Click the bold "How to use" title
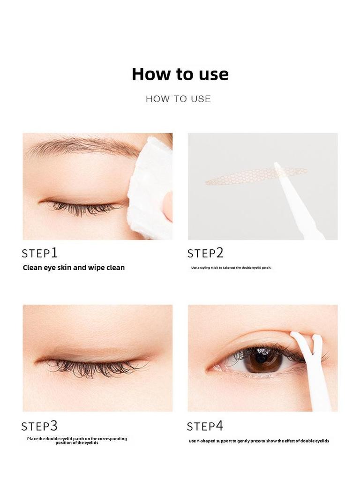180,74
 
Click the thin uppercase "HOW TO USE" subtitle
178,99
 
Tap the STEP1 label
40,253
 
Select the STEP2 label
205,253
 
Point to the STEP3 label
39,426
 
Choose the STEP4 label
205,426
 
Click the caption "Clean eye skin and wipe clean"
74,268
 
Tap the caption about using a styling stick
231,268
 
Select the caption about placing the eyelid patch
77,441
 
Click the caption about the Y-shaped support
259,441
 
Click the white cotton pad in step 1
149,187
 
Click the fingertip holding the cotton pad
167,206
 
